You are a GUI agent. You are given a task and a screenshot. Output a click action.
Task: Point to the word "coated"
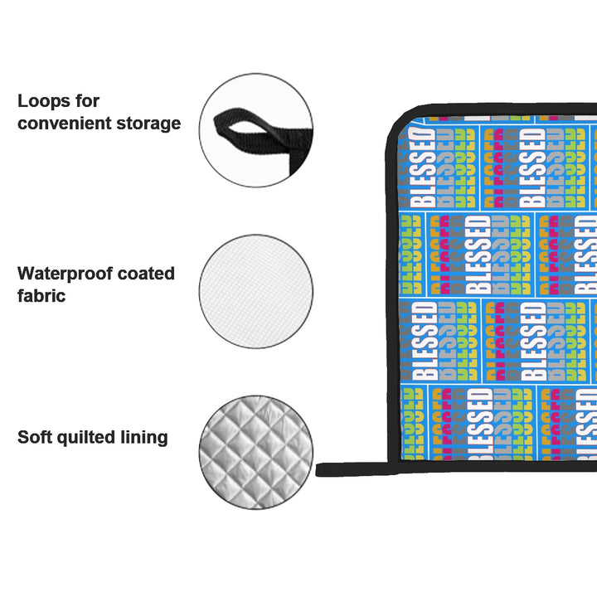coord(147,274)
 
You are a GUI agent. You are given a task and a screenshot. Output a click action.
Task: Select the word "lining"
coord(146,438)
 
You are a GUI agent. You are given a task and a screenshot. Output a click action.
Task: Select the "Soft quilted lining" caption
coord(93,438)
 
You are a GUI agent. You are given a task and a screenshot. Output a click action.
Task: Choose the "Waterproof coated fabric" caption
coord(96,284)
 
